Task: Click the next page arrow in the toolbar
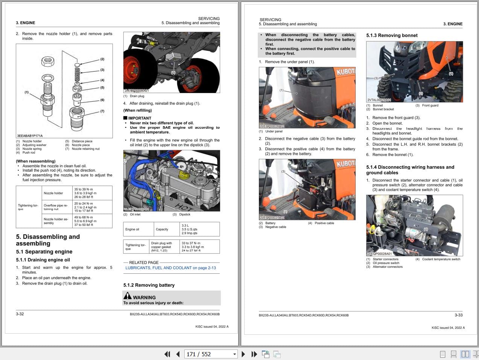point(243,354)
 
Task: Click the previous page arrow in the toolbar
point(178,354)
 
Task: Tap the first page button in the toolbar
point(167,354)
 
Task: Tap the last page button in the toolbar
point(254,354)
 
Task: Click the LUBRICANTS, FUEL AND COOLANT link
point(170,268)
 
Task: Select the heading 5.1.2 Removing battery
point(149,285)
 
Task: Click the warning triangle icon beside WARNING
point(128,296)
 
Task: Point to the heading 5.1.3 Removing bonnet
point(392,35)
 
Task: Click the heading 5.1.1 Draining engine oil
point(43,260)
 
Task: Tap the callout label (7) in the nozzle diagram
point(102,111)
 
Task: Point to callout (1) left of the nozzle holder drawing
point(27,92)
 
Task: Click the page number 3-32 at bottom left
point(20,314)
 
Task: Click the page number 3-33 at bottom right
point(458,315)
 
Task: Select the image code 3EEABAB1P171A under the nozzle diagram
point(30,136)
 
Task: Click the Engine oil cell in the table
point(132,229)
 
